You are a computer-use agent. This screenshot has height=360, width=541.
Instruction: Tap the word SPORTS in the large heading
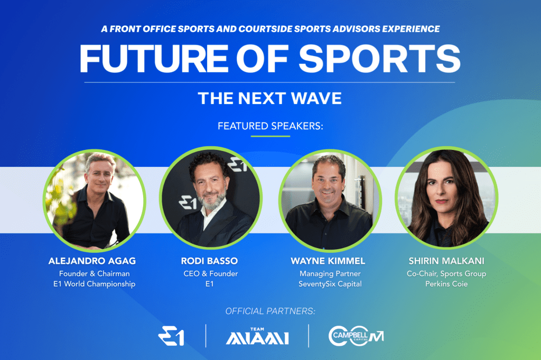click(x=379, y=59)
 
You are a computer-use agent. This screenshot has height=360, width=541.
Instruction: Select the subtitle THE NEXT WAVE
click(x=270, y=98)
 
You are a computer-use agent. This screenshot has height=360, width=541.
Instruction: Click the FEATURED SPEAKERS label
click(x=270, y=126)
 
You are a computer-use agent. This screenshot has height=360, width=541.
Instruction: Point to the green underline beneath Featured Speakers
click(x=270, y=136)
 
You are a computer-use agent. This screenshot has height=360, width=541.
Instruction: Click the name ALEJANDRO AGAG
click(x=92, y=261)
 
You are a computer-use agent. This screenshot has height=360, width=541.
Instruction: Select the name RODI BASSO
click(x=209, y=261)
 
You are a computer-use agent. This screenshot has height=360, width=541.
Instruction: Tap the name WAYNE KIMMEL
click(x=328, y=261)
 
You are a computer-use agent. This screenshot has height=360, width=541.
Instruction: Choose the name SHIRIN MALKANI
click(x=446, y=261)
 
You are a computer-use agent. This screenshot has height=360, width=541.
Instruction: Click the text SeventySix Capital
click(x=330, y=284)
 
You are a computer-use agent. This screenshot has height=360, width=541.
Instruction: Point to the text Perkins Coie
click(x=446, y=284)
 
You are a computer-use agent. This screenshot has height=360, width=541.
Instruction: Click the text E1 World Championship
click(x=94, y=284)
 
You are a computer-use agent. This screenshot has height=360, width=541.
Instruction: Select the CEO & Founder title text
click(x=210, y=273)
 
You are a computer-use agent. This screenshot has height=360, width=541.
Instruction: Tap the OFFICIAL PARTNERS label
click(x=270, y=311)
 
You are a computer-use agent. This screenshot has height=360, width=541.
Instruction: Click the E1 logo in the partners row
click(x=171, y=336)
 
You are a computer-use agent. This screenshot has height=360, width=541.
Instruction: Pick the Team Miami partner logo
click(x=257, y=336)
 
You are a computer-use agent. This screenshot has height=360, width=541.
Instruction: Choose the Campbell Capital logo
click(x=356, y=336)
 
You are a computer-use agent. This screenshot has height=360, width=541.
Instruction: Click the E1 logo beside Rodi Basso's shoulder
click(x=188, y=202)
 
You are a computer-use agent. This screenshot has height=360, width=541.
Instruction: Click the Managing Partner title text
click(x=330, y=274)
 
